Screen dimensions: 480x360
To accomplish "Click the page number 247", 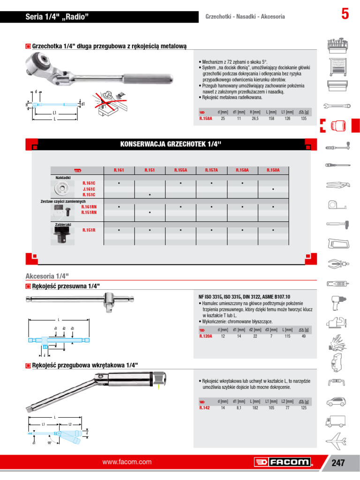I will click(x=338, y=463).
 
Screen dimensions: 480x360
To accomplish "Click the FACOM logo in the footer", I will click(x=284, y=462).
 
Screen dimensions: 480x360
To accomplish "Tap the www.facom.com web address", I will click(x=127, y=462).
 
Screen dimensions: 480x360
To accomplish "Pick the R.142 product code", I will click(x=204, y=408).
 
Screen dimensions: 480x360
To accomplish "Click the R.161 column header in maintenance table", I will click(x=119, y=170).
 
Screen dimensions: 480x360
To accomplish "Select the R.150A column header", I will click(x=273, y=170).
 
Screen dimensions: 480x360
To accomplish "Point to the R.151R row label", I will click(x=89, y=230).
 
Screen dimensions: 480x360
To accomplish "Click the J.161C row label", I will click(x=89, y=188).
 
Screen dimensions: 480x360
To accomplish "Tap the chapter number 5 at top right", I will click(x=345, y=15).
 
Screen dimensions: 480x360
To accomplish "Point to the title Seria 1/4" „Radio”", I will click(x=57, y=17).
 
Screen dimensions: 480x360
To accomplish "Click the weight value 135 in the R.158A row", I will click(x=304, y=119).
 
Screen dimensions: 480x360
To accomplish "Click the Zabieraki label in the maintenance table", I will click(x=63, y=225).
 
